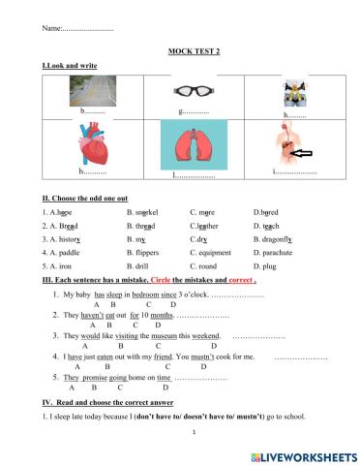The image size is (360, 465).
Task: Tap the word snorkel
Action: pyautogui.click(x=146, y=209)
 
